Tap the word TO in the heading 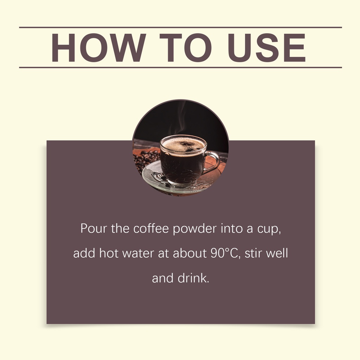[186, 47]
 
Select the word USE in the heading [266, 47]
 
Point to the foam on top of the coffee [183, 144]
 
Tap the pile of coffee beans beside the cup [145, 160]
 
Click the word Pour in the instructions [94, 229]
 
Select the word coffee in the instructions [151, 229]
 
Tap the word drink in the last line [193, 278]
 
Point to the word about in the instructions [189, 253]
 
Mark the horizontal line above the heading [180, 27]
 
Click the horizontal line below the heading [180, 67]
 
